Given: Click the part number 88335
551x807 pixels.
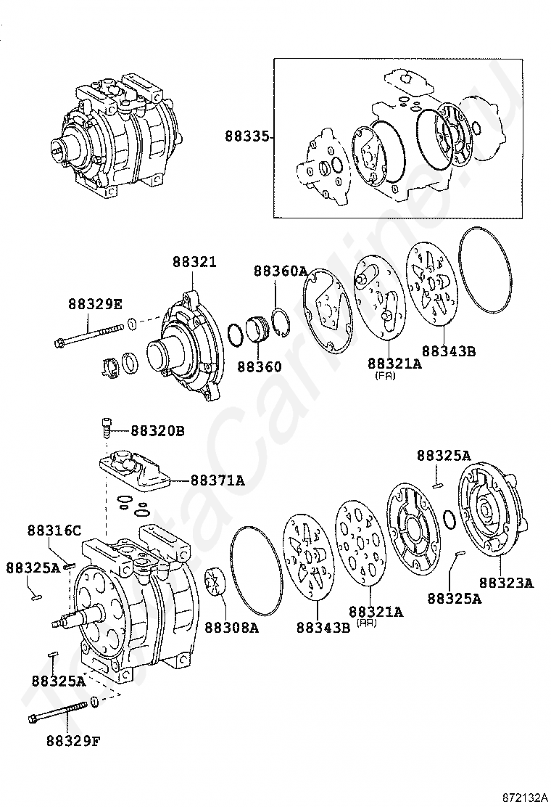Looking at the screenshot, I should click(246, 136).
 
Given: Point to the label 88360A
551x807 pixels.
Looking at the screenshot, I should click(280, 271).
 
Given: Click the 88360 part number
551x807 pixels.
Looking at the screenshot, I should click(258, 366).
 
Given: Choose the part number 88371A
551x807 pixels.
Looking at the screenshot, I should click(217, 480).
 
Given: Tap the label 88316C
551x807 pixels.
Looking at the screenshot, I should click(54, 530).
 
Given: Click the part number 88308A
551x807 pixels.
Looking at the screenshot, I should click(231, 627).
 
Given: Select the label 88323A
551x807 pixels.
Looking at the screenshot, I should click(506, 582).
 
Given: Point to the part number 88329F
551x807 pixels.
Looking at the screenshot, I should click(73, 741).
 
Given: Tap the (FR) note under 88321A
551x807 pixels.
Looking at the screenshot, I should click(385, 376).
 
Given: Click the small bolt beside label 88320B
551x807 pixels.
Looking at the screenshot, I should click(106, 427).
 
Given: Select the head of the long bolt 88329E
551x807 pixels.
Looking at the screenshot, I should click(59, 343).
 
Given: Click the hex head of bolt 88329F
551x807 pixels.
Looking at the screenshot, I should click(33, 719).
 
